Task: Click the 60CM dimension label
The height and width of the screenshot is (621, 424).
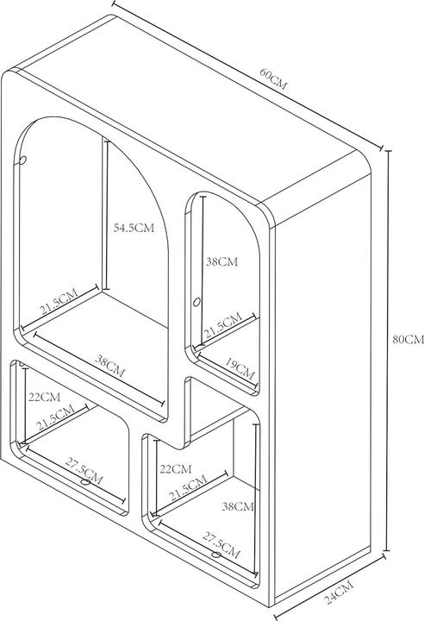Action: coord(273,79)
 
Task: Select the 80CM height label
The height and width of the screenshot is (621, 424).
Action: coord(408,340)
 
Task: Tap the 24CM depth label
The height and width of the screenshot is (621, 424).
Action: coord(339,592)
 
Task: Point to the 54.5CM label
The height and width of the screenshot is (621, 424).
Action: coord(134,228)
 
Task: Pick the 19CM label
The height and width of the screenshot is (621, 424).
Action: coord(240,368)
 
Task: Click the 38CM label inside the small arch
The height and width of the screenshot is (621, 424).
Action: coord(221,262)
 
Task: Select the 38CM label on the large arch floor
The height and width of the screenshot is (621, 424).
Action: coord(110,365)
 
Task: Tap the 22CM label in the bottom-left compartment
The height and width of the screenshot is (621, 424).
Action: coord(44,397)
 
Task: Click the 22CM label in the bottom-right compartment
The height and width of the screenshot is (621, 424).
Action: coord(176,469)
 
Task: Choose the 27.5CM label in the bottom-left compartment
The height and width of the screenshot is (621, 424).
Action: coord(84,471)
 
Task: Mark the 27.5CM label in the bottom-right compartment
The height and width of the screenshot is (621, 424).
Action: coord(221,545)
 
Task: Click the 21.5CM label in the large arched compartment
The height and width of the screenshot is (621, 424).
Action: coord(59,302)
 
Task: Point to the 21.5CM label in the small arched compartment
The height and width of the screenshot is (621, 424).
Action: coord(222,324)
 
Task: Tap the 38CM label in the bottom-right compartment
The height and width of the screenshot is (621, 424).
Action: coord(238,506)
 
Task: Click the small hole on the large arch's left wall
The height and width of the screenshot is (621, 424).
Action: coord(23,160)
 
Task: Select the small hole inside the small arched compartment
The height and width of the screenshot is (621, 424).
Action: coord(196,302)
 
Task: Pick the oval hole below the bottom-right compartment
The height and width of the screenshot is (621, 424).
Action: coord(215,555)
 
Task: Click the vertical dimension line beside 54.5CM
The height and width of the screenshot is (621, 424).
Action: coord(105,214)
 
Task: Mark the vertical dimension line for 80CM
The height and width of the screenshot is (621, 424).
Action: coord(388,350)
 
